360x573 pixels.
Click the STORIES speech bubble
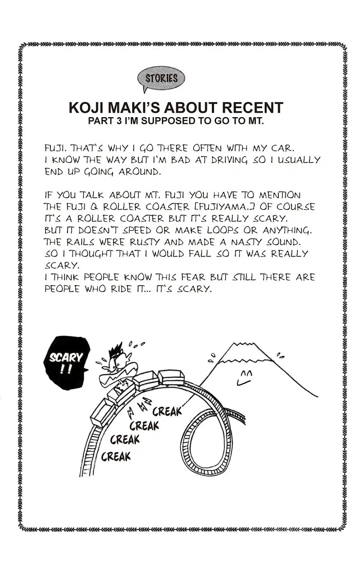tap(161, 78)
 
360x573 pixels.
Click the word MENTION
tap(279, 195)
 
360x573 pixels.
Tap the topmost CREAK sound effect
tap(167, 412)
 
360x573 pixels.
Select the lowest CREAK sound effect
tap(116, 456)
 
